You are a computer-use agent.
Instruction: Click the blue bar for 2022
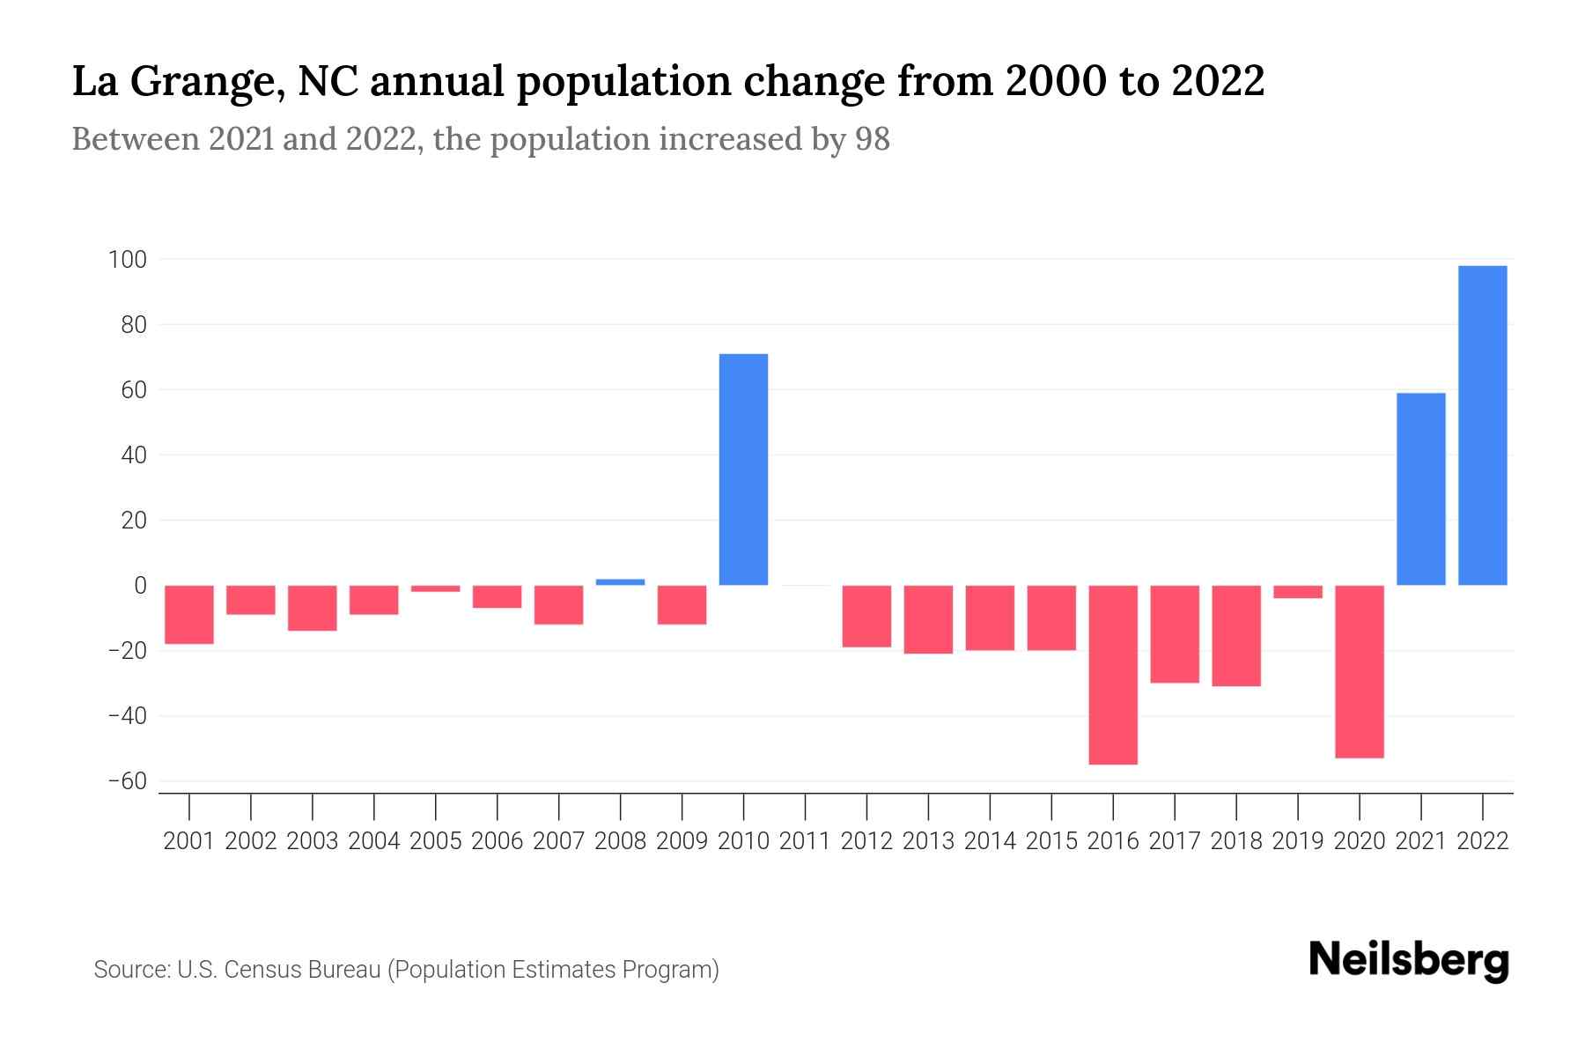point(1482,425)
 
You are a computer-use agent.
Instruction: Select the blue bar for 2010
point(743,469)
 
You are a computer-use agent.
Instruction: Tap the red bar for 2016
point(1113,674)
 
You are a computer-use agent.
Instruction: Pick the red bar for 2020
point(1359,670)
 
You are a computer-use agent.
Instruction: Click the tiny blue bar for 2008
point(620,582)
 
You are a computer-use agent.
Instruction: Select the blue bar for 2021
point(1420,489)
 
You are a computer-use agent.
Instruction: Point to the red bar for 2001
point(189,614)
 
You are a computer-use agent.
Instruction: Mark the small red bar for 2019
point(1297,592)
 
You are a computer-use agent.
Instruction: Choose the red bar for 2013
point(928,618)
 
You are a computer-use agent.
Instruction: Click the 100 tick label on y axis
point(127,260)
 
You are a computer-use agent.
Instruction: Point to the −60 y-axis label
point(127,781)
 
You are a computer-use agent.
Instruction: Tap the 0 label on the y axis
point(140,586)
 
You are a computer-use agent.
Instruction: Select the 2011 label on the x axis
point(805,841)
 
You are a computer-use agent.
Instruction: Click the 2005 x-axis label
point(436,841)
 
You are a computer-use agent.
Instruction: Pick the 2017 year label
point(1175,841)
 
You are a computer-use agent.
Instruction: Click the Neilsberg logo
point(1409,960)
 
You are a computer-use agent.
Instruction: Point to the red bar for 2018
point(1235,635)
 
